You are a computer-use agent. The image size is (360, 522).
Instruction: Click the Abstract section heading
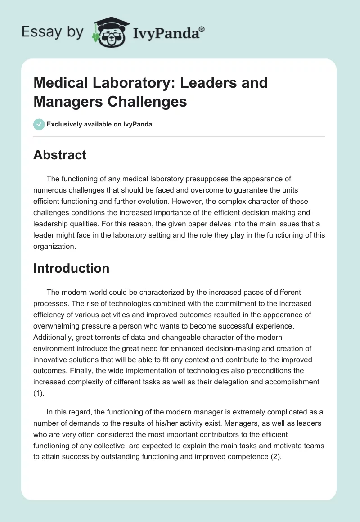tap(60, 155)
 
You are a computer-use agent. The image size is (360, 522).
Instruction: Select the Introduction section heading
tap(71, 268)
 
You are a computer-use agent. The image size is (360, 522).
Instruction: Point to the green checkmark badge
tap(39, 124)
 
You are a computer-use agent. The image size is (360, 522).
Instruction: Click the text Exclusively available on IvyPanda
tap(99, 124)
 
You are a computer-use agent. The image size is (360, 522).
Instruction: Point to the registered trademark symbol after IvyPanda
tap(202, 29)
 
